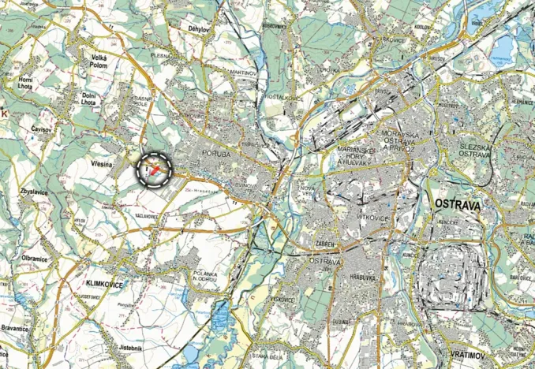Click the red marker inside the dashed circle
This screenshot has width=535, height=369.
pyautogui.click(x=156, y=170)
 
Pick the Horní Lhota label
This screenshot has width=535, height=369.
pyautogui.click(x=27, y=84)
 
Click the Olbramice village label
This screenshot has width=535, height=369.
pyautogui.click(x=35, y=258)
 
